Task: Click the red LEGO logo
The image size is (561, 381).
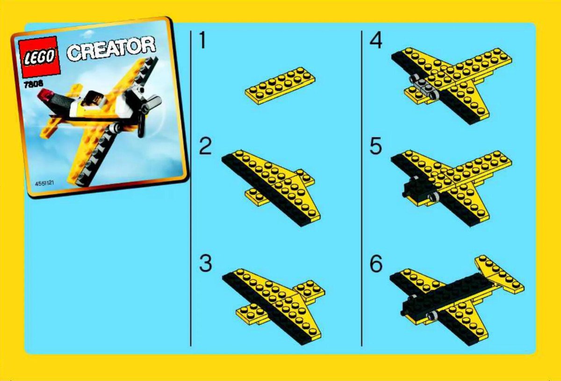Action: click(x=39, y=57)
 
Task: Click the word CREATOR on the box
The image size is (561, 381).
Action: click(x=111, y=49)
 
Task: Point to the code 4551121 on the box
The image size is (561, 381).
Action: click(x=44, y=183)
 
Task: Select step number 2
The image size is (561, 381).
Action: click(x=205, y=146)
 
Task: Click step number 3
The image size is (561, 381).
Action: click(x=205, y=263)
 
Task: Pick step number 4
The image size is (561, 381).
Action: click(x=376, y=40)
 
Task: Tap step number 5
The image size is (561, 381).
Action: click(x=376, y=146)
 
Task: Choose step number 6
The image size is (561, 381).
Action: click(x=376, y=263)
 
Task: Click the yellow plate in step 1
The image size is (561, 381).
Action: click(x=280, y=85)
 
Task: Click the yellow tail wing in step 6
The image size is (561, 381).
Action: click(x=499, y=274)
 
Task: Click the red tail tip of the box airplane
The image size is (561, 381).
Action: click(x=44, y=95)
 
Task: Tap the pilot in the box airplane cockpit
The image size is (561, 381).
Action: click(x=93, y=99)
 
